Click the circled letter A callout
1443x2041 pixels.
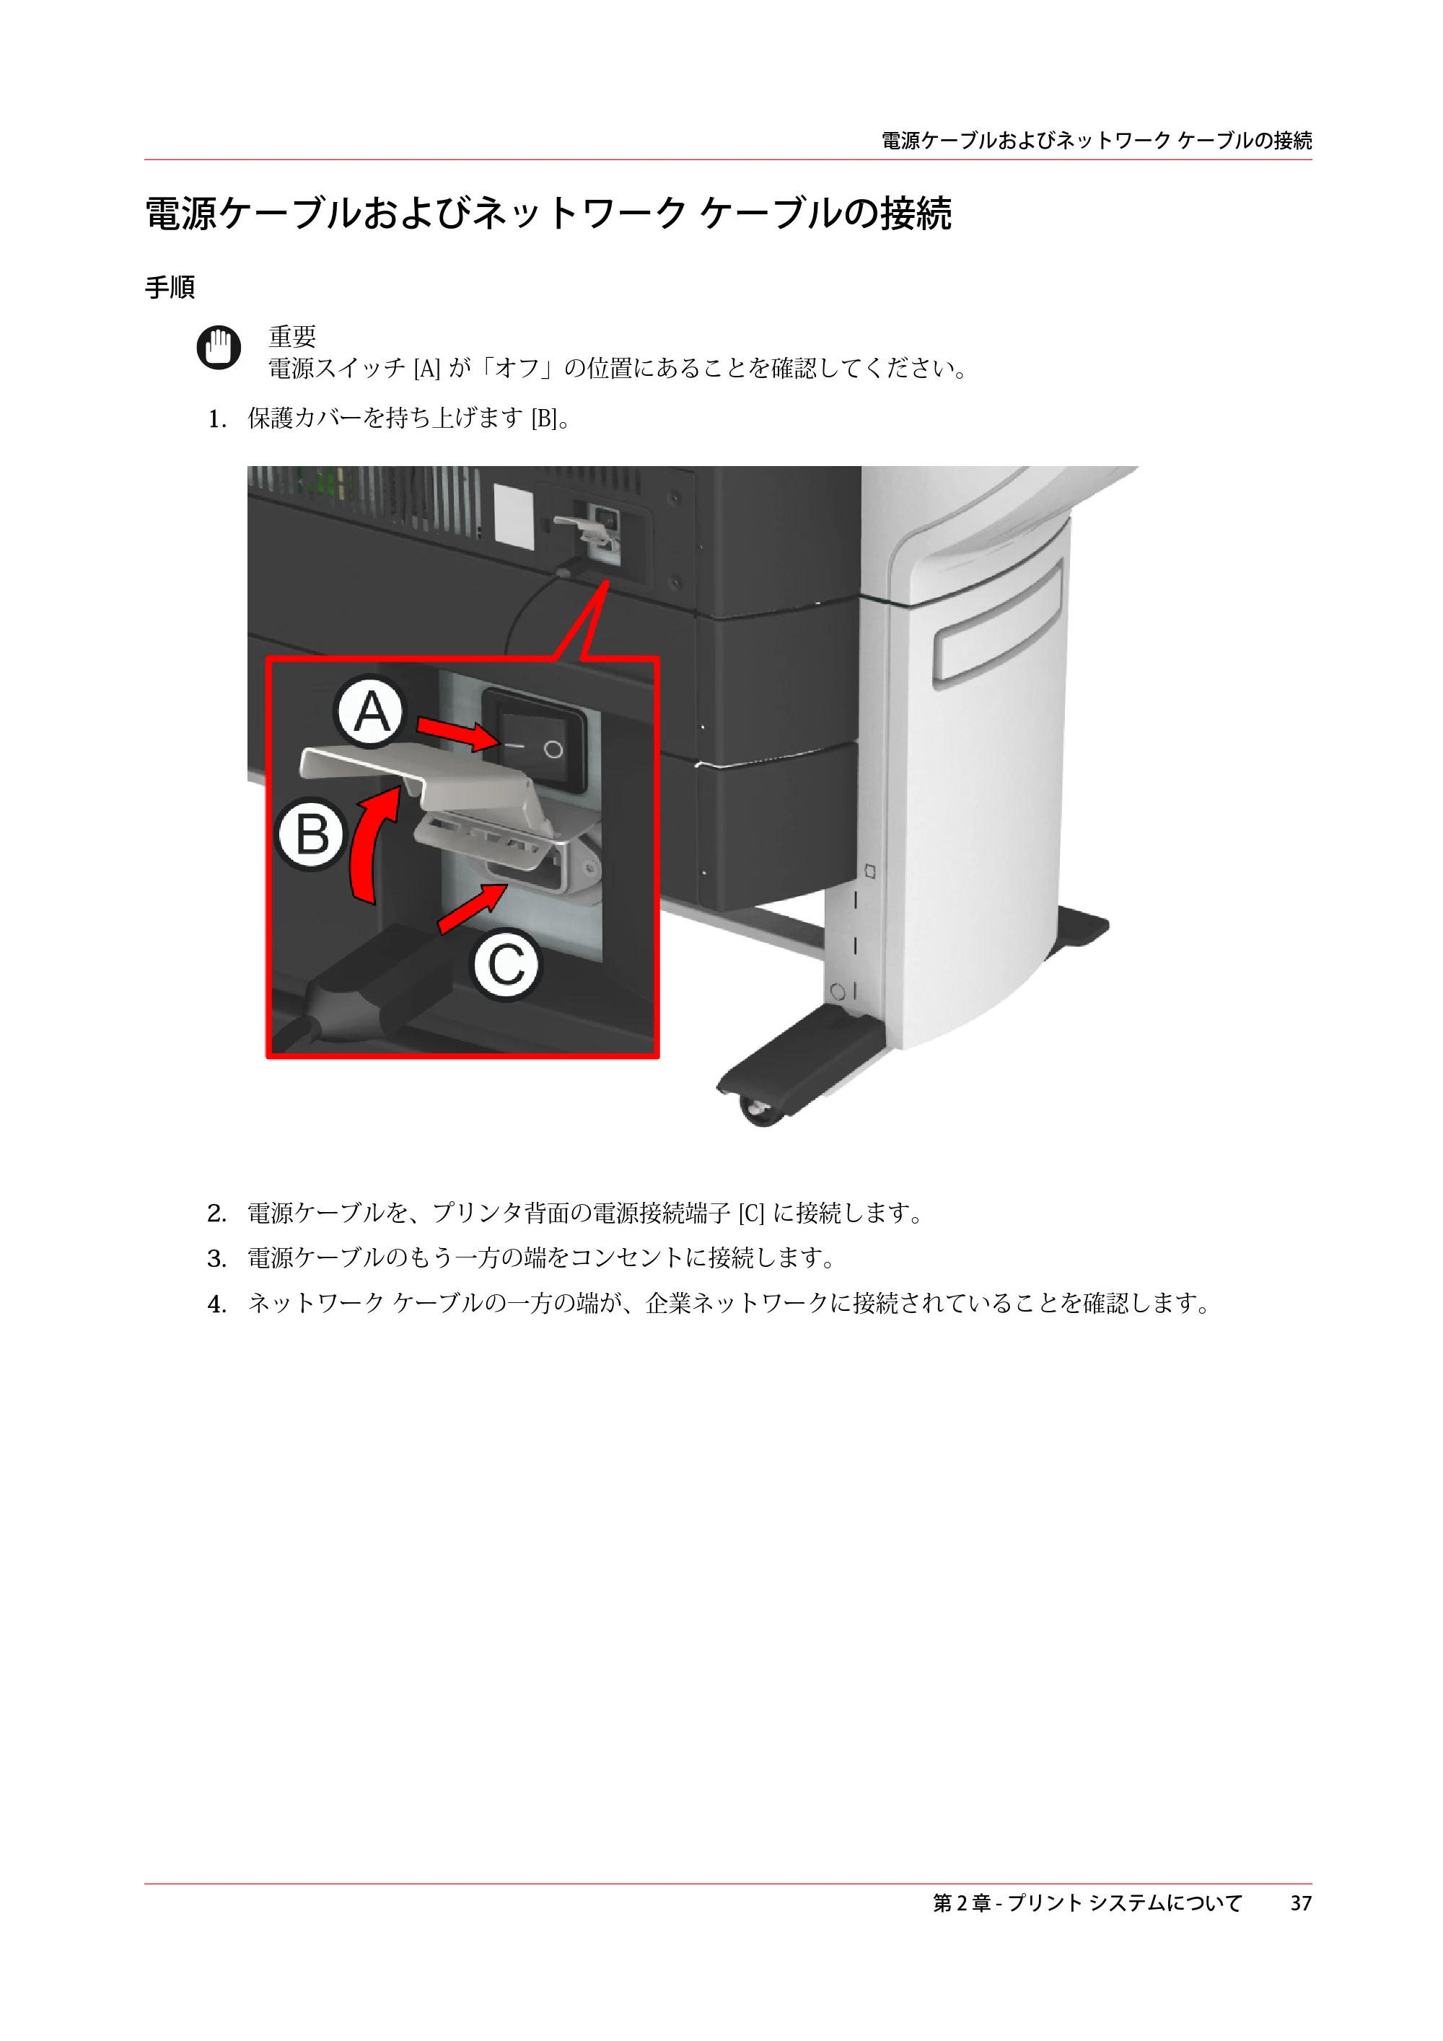pos(371,712)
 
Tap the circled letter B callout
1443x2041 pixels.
pos(311,835)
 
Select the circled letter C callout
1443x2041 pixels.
pos(506,965)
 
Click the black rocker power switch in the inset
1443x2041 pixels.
pos(533,739)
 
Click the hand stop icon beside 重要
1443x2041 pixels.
pos(219,347)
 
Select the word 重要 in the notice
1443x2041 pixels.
pos(292,336)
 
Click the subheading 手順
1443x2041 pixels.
pos(170,287)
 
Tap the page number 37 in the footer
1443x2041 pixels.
pos(1301,1902)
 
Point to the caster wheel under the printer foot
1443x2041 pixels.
pos(758,1111)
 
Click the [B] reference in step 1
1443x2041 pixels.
pos(543,418)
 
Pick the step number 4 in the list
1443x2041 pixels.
pos(216,1304)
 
